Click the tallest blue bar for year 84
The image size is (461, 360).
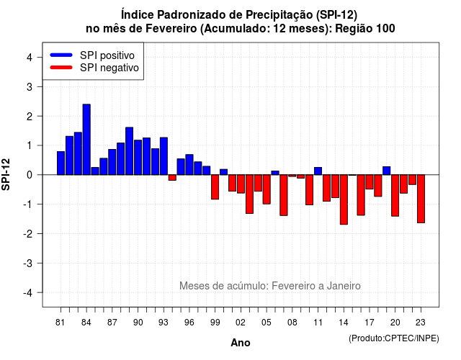[x=86, y=139]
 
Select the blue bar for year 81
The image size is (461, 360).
[x=61, y=163]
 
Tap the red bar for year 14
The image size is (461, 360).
[x=344, y=199]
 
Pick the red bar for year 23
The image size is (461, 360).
[x=421, y=199]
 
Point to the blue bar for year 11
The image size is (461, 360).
[x=318, y=171]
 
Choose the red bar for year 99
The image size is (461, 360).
[x=215, y=187]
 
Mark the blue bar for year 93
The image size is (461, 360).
[x=164, y=156]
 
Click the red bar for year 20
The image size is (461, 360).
[x=395, y=195]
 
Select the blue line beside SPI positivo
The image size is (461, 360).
[x=61, y=55]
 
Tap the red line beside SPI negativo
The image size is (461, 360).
[x=61, y=68]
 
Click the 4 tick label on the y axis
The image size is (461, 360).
[x=30, y=58]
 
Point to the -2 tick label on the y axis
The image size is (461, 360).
[x=28, y=234]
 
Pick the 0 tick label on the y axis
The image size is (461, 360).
[x=30, y=175]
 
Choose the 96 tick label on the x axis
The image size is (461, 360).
[x=189, y=323]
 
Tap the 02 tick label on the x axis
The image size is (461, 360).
[x=241, y=323]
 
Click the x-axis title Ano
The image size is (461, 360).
[x=241, y=343]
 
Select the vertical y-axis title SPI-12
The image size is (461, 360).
[x=6, y=174]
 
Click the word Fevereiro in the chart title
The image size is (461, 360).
[x=171, y=29]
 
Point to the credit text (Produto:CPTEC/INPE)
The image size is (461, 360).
[x=394, y=338]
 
